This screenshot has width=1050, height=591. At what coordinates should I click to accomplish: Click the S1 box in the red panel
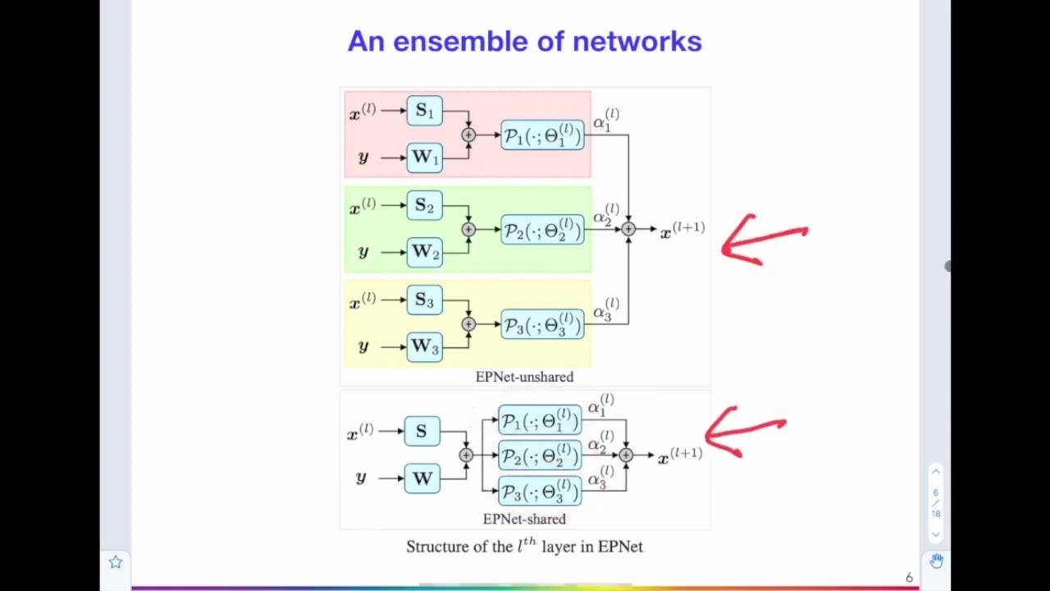(424, 111)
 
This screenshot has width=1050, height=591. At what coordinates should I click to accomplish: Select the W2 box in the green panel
(424, 252)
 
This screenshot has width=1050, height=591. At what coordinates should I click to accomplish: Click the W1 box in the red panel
(424, 157)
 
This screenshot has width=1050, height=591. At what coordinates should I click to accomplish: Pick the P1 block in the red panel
(542, 135)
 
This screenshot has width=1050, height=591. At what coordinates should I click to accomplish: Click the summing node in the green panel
(468, 230)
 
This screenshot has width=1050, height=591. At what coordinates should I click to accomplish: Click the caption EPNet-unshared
(524, 377)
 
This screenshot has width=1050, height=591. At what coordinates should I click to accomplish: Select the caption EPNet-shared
(524, 519)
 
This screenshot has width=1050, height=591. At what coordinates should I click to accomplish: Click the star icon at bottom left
(116, 562)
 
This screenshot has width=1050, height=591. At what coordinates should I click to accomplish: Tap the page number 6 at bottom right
(909, 578)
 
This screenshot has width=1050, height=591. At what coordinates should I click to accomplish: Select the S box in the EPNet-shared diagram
(422, 432)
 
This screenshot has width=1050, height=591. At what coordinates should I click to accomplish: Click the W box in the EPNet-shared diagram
(422, 478)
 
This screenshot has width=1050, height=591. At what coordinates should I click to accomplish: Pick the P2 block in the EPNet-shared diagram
(540, 456)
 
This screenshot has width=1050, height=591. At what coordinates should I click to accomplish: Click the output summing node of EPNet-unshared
(628, 230)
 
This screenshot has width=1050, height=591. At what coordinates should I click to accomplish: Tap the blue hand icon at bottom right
(936, 561)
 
